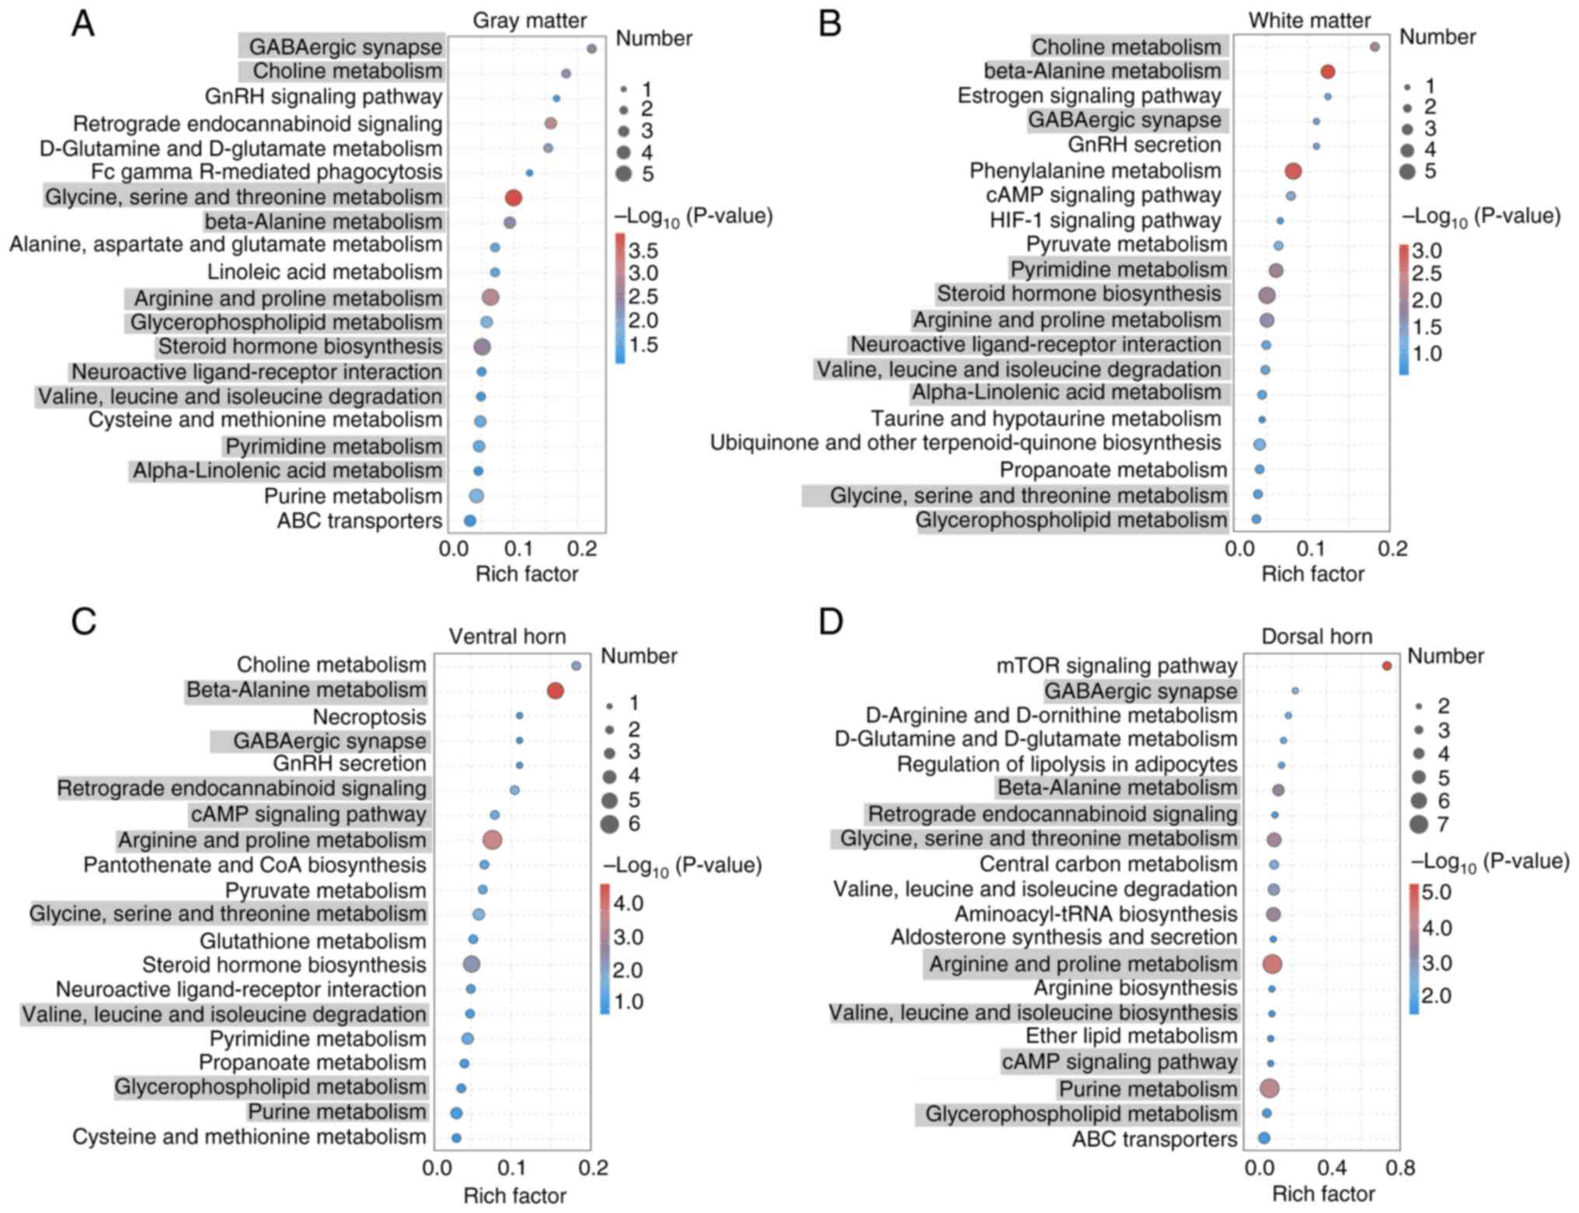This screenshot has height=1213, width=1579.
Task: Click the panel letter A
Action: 83,24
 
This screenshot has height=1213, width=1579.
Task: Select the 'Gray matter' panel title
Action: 529,20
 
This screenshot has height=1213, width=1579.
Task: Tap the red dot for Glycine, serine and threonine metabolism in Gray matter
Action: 513,197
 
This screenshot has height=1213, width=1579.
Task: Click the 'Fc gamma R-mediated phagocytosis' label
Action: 267,172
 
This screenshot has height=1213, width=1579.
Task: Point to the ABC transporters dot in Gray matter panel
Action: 469,521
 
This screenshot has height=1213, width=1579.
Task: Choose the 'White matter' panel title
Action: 1309,20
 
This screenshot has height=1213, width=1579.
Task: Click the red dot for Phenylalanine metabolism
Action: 1293,171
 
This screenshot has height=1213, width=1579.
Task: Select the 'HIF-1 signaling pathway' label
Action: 1105,221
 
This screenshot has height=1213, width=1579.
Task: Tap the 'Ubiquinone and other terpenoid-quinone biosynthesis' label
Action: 965,443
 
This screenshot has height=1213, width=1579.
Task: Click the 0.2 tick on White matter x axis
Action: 1393,549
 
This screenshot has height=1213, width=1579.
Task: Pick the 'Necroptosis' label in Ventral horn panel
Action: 369,716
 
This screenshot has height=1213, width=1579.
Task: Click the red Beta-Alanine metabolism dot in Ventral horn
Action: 555,691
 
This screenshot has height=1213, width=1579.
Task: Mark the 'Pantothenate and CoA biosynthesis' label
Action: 255,865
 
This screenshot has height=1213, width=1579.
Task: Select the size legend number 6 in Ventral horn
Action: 634,823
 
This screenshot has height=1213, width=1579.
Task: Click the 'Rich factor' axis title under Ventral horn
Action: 514,1195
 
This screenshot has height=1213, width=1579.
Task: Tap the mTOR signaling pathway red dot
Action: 1386,666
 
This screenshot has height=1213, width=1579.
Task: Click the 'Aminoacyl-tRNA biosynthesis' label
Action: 1096,914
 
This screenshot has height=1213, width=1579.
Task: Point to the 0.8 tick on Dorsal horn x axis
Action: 1399,1167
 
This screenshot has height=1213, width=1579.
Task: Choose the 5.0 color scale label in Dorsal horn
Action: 1436,892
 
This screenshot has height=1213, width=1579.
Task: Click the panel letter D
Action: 831,622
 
